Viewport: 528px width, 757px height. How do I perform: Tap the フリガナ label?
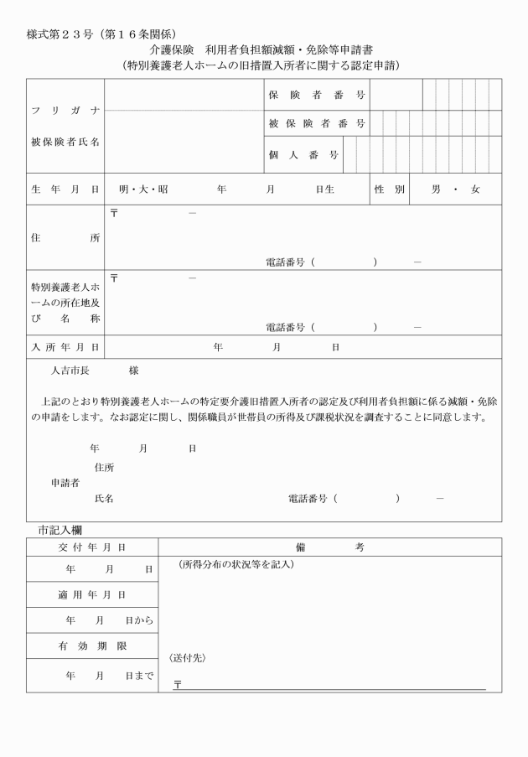(x=65, y=111)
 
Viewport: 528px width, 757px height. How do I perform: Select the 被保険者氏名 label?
(x=65, y=141)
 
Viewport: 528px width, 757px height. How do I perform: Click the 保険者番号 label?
(x=316, y=95)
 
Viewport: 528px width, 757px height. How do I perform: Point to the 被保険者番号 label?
(x=316, y=123)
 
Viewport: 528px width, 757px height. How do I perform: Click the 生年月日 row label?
(x=65, y=189)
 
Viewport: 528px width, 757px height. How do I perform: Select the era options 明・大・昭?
(x=143, y=189)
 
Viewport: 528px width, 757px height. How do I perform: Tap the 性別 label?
(x=389, y=189)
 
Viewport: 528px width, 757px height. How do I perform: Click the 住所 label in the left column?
(x=65, y=238)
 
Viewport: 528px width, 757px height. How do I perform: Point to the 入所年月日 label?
(x=65, y=346)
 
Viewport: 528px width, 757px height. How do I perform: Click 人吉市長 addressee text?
(x=74, y=370)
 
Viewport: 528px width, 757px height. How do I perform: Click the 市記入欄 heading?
(x=70, y=530)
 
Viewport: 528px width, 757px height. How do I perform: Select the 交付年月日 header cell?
(x=92, y=547)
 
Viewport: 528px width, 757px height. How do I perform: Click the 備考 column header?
(x=329, y=547)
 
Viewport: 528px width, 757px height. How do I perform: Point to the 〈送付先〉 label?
(x=188, y=658)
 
